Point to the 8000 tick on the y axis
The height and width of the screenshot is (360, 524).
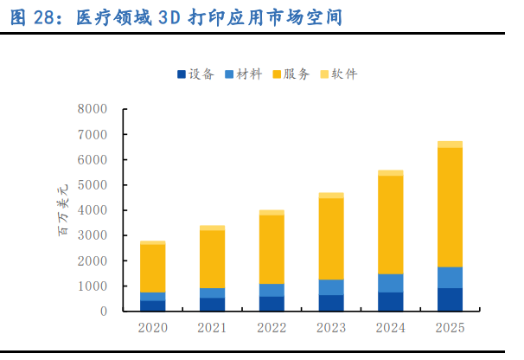pyautogui.click(x=92, y=110)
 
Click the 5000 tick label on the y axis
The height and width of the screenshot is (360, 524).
pyautogui.click(x=92, y=185)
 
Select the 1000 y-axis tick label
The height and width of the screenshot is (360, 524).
pyautogui.click(x=92, y=286)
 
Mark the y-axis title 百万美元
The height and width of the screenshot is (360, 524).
pyautogui.click(x=62, y=210)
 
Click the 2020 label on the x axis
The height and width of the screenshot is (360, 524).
pyautogui.click(x=153, y=327)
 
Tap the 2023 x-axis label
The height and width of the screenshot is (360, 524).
pyautogui.click(x=331, y=327)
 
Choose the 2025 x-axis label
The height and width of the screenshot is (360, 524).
pyautogui.click(x=450, y=327)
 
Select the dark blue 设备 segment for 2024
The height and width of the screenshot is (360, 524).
pyautogui.click(x=390, y=302)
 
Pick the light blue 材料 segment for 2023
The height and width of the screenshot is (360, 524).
pyautogui.click(x=331, y=287)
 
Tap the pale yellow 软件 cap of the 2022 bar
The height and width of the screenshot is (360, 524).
pyautogui.click(x=272, y=212)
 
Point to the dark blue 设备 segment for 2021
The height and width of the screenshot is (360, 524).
pyautogui.click(x=212, y=305)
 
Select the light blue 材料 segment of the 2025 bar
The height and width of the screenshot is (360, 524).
pyautogui.click(x=450, y=278)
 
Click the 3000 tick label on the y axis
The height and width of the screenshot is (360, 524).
pyautogui.click(x=92, y=235)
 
